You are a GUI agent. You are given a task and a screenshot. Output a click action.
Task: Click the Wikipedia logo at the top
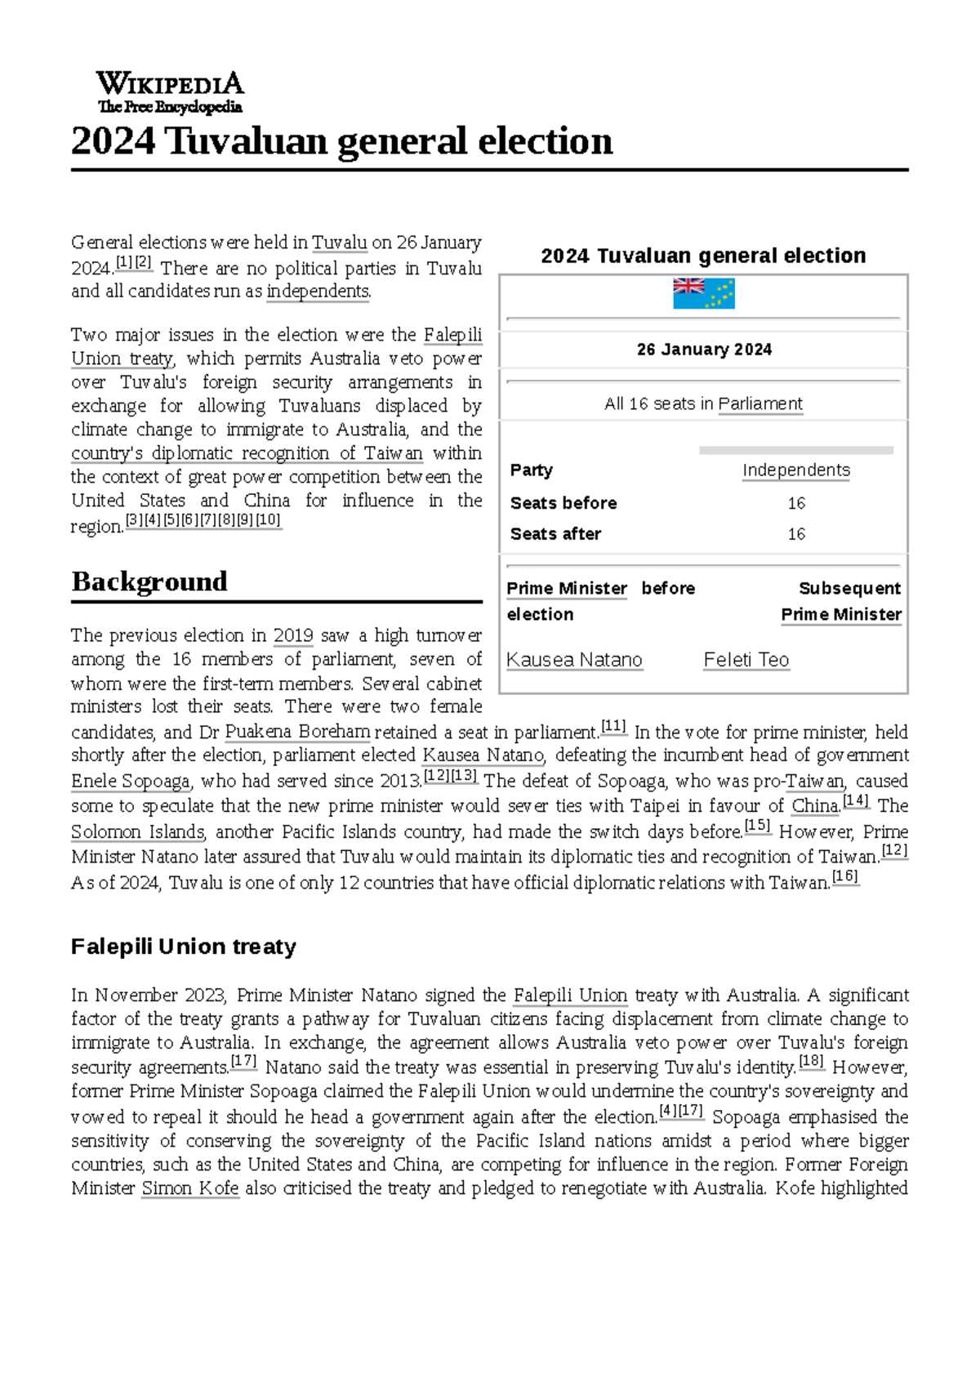[170, 92]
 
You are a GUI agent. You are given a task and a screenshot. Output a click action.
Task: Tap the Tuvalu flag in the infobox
[703, 293]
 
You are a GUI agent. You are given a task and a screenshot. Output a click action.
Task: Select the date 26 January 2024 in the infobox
[704, 350]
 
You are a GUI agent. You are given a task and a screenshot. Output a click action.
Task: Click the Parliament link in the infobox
[759, 403]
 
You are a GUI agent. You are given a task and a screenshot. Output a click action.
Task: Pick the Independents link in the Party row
[795, 470]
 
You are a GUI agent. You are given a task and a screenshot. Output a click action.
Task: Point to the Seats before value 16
[796, 503]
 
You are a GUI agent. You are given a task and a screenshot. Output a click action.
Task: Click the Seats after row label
[555, 534]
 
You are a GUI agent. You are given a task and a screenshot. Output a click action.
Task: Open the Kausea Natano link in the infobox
[574, 660]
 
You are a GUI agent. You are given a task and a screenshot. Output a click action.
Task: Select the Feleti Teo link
[746, 660]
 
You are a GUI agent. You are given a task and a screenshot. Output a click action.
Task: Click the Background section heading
[149, 582]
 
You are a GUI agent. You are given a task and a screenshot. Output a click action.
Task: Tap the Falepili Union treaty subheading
[183, 947]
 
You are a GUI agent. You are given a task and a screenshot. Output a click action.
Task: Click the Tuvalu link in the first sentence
[340, 243]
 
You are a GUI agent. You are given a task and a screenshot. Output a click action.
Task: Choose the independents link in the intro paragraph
[318, 291]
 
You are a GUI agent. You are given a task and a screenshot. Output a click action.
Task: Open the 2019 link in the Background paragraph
[293, 635]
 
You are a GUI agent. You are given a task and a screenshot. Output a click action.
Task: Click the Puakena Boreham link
[297, 732]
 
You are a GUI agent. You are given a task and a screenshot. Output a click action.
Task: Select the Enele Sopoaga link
[131, 781]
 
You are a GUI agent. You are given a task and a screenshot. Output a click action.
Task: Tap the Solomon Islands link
[137, 831]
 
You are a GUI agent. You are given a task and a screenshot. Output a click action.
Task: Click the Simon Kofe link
[190, 1188]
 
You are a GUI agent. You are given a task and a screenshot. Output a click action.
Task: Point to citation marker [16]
[844, 877]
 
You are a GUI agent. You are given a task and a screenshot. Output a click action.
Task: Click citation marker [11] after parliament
[613, 726]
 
